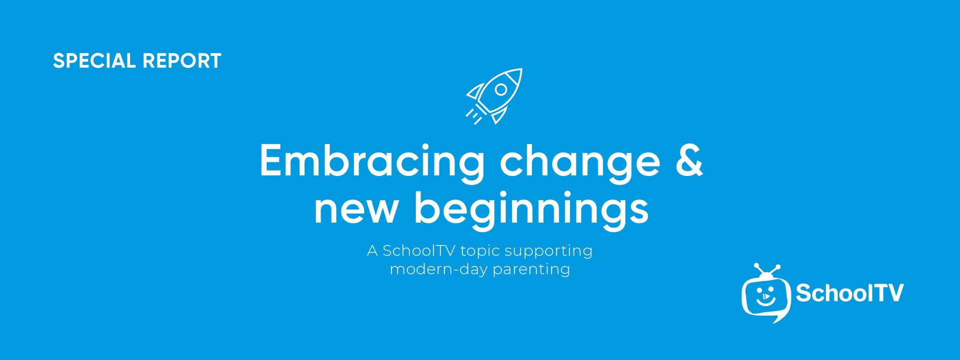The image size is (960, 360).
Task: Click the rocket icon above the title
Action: [494, 96]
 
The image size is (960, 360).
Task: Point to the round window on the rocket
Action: [500, 89]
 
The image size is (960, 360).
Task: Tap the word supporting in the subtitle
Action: [547, 251]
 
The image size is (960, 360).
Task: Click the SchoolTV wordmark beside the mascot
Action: [849, 293]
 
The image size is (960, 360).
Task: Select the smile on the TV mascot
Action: [765, 301]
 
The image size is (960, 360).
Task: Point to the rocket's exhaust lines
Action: [474, 115]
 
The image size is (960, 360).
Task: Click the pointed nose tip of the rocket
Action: [521, 69]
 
